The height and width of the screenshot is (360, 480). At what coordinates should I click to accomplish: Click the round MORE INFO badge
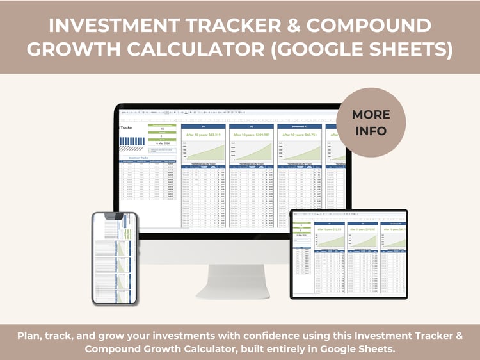coord(370,122)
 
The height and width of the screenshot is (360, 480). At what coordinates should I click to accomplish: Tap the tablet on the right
coord(348,254)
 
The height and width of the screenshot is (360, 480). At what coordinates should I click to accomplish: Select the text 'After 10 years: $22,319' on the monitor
coord(204,135)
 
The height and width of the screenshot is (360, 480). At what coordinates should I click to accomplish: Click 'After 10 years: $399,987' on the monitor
coord(252,135)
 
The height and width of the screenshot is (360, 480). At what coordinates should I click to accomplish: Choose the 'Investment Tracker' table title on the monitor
coord(143,156)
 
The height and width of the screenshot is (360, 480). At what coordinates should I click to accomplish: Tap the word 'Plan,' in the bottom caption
coord(31,336)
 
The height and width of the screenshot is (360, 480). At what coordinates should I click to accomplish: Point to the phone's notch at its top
coord(115,215)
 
